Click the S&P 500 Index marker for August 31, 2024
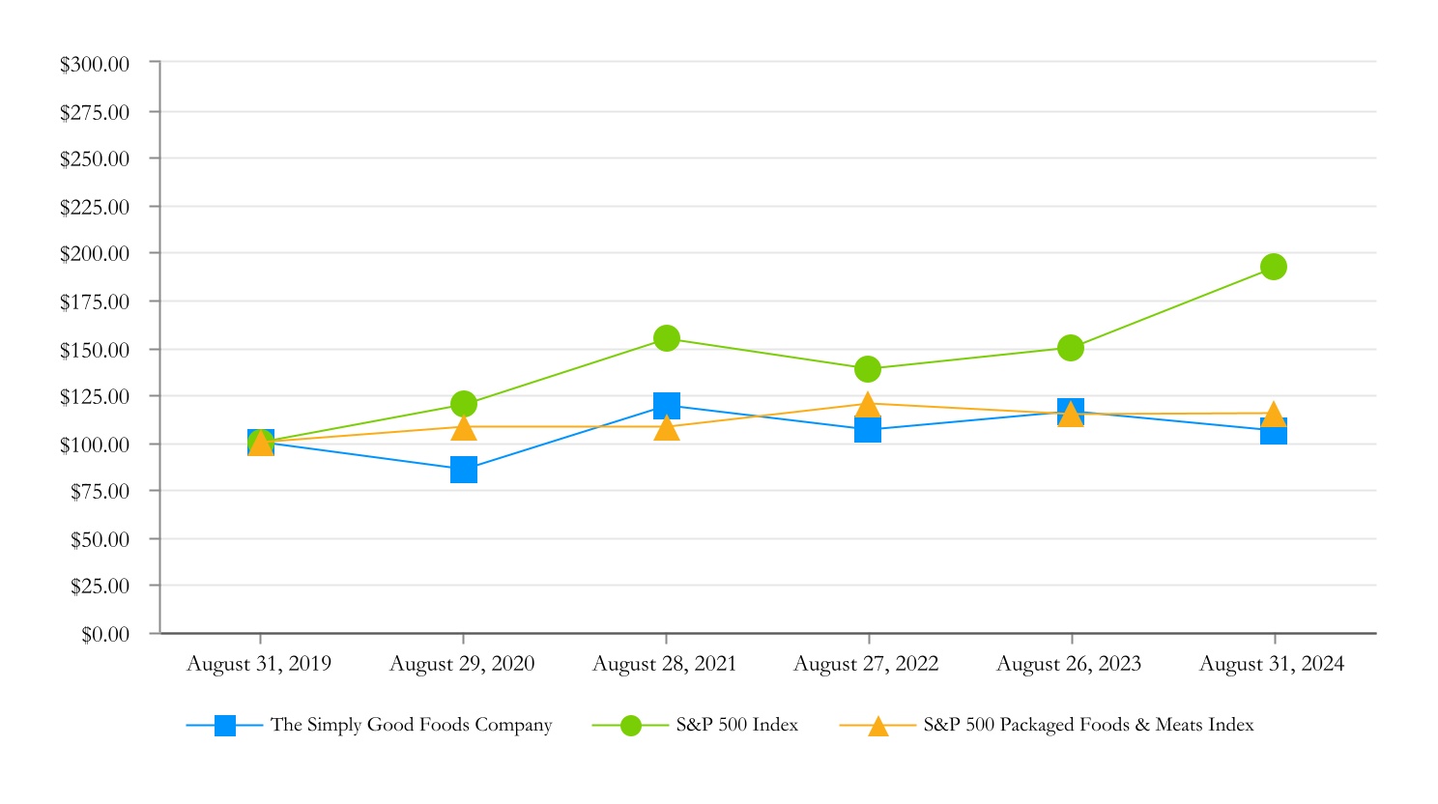[x=1274, y=267]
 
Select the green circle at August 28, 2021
[x=666, y=338]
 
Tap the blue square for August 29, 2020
[x=464, y=471]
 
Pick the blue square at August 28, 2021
[x=666, y=406]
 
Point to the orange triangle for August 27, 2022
[x=868, y=405]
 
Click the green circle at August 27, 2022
[x=868, y=369]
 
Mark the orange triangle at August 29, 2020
[x=464, y=427]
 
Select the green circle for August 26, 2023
[x=1071, y=348]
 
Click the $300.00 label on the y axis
[x=95, y=65]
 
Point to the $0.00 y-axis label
[x=105, y=635]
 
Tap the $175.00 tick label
[x=95, y=302]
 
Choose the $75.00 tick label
[x=100, y=492]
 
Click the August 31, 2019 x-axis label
[x=259, y=664]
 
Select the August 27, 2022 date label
[x=866, y=664]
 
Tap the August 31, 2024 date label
[x=1272, y=664]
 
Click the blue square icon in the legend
[x=225, y=726]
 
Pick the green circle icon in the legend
[x=631, y=726]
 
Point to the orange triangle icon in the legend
[x=877, y=726]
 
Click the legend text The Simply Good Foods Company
[x=412, y=725]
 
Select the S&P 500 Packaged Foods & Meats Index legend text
[x=1088, y=725]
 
